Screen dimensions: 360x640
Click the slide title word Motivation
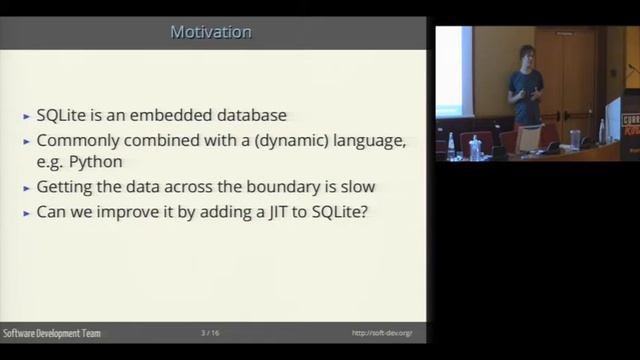point(211,33)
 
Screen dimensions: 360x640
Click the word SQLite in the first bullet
point(62,116)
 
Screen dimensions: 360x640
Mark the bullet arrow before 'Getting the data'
point(26,187)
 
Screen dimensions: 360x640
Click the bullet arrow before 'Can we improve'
point(26,213)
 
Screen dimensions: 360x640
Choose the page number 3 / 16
point(210,332)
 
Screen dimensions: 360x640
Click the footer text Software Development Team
point(52,332)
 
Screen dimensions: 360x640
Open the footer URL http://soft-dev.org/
point(382,332)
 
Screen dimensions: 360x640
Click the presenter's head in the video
point(526,55)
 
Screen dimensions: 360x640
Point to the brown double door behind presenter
point(568,75)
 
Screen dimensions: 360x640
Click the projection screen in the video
point(449,70)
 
